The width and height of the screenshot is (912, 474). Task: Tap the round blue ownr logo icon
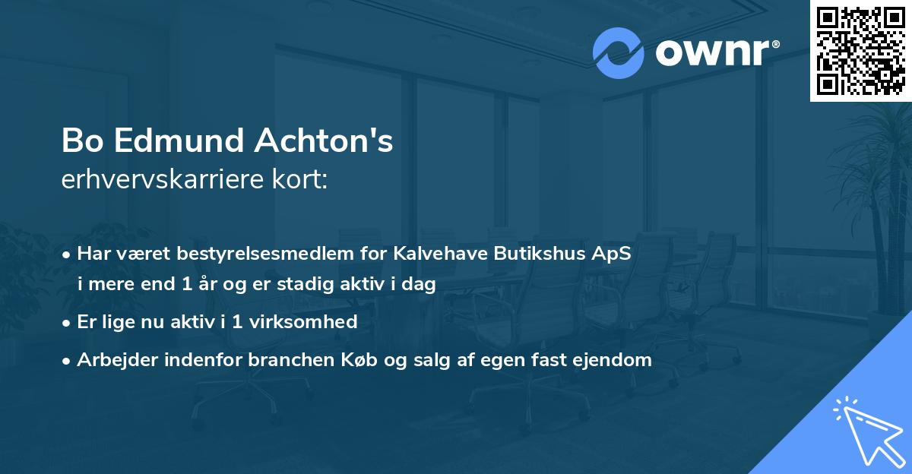pyautogui.click(x=619, y=53)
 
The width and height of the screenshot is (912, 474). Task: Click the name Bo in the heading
pyautogui.click(x=79, y=141)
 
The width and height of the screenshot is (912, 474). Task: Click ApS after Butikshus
pyautogui.click(x=613, y=254)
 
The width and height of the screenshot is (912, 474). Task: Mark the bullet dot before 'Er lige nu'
pyautogui.click(x=68, y=322)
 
